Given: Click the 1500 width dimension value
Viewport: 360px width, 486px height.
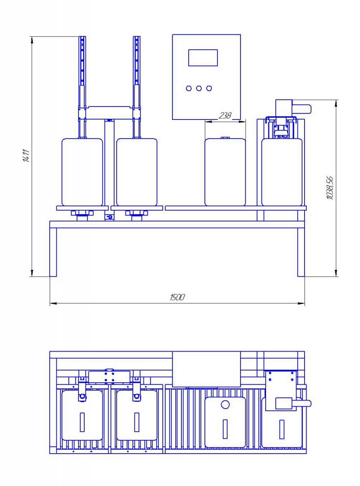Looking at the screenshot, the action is (x=177, y=297).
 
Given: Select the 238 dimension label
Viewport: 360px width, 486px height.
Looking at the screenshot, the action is (x=225, y=115).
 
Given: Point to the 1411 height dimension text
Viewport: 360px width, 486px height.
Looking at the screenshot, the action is (x=26, y=156).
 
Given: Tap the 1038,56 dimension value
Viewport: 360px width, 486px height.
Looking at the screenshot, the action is (x=330, y=188).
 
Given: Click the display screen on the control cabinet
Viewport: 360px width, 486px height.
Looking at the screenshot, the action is (x=203, y=58).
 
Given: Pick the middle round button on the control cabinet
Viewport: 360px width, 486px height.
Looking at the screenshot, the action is (x=199, y=89).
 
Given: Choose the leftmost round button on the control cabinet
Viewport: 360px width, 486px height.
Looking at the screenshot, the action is (x=189, y=89).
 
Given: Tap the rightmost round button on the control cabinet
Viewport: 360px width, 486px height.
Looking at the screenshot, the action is (x=209, y=89).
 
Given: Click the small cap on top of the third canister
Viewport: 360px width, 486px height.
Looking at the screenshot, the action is (x=225, y=138).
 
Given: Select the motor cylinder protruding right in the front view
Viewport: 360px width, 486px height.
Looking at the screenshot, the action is (x=302, y=109).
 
